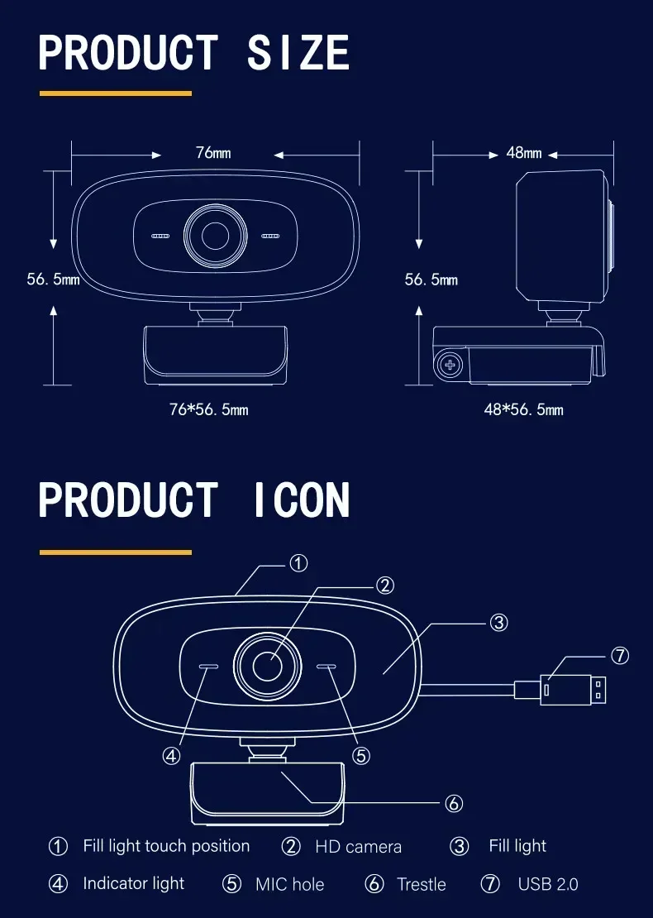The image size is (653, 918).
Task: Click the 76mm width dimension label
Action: pos(213,153)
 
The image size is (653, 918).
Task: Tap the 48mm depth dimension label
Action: pos(524,153)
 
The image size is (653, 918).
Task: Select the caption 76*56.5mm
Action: pos(208,409)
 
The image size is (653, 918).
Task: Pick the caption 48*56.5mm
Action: pos(523,409)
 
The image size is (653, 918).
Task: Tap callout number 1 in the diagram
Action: pos(298,563)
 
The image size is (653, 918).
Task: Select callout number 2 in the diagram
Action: pos(385,586)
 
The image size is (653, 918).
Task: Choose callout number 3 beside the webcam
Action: pos(498,622)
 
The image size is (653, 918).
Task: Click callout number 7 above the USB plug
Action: pos(620,656)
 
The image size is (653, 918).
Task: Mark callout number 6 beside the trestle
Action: pos(453,803)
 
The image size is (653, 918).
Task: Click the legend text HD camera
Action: pos(358,847)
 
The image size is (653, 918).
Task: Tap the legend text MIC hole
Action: pos(289,884)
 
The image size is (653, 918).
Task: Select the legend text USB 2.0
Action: pos(548,884)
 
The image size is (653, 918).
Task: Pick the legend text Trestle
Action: pos(421,884)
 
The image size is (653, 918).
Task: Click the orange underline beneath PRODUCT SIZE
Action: pos(116,93)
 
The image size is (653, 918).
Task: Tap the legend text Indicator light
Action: pos(133,883)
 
